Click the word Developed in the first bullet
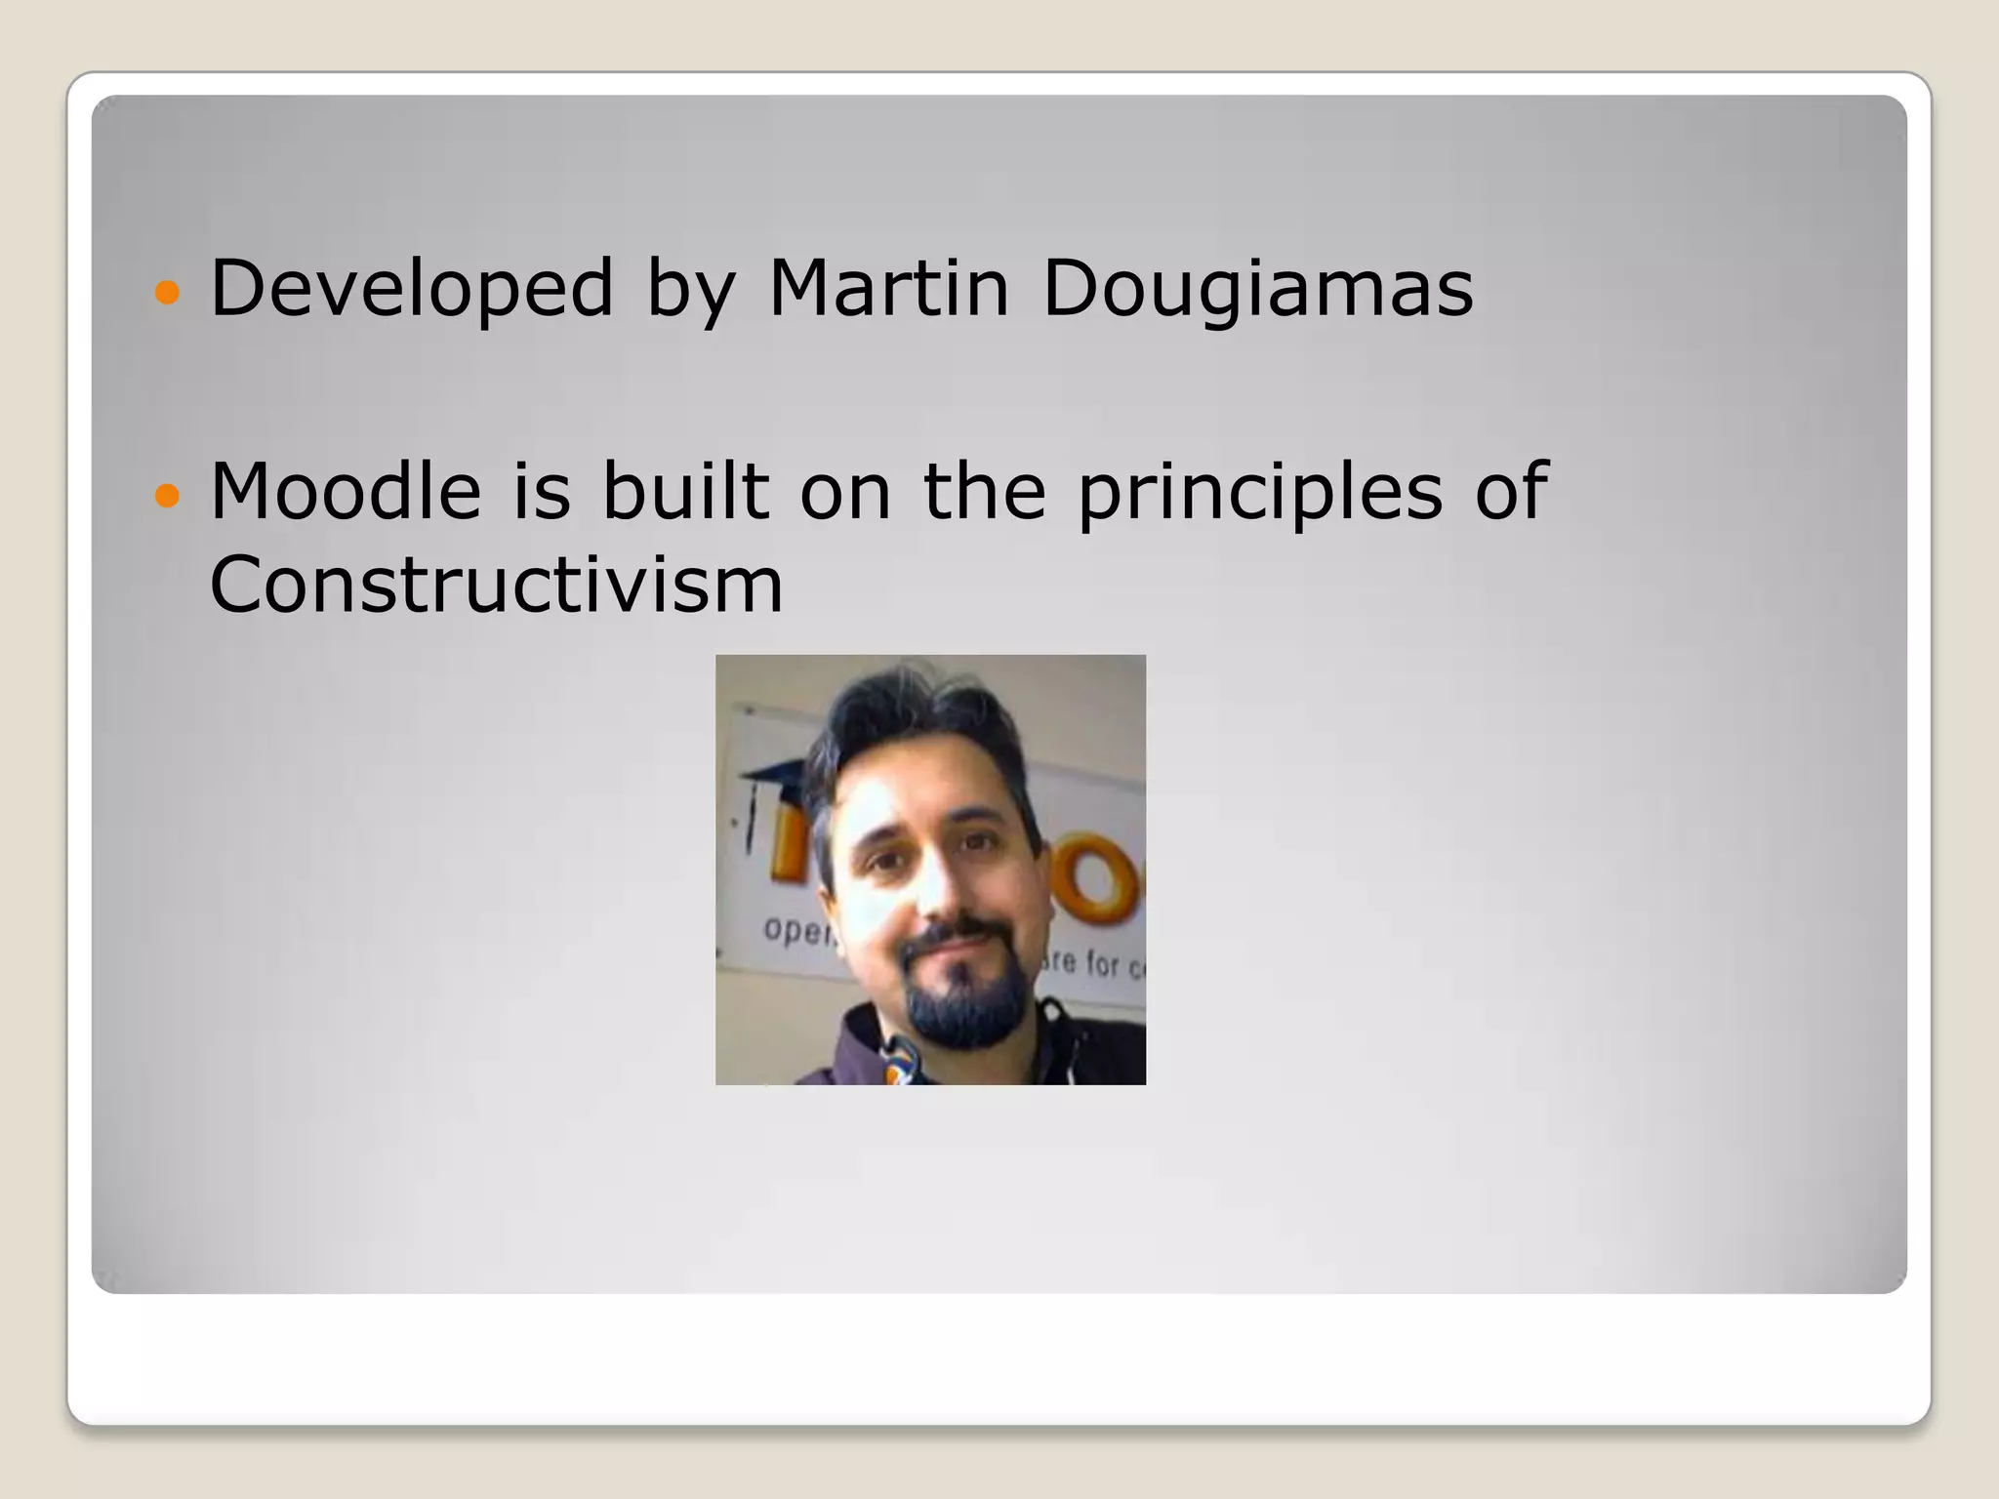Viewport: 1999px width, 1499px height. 411,288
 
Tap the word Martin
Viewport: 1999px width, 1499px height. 888,288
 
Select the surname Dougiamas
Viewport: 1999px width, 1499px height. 1257,288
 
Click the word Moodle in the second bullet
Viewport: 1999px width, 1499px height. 346,490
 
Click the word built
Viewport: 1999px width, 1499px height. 684,490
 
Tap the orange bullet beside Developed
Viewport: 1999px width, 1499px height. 168,292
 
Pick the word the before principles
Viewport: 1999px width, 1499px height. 984,490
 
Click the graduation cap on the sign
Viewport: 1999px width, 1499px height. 777,776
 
